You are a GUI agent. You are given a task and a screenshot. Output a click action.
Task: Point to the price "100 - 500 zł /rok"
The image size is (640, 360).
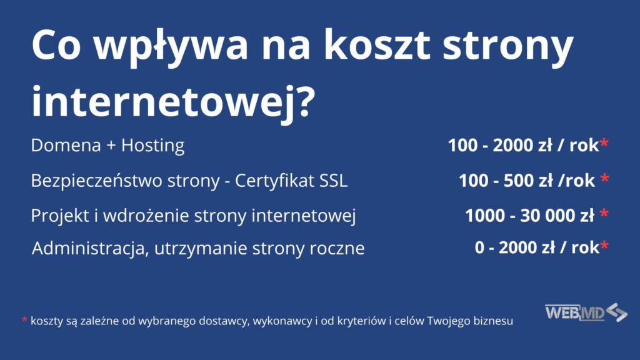(x=527, y=181)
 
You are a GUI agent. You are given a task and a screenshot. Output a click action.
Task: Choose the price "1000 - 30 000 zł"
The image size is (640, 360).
(x=529, y=216)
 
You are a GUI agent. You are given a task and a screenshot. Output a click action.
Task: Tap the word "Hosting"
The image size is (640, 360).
(x=153, y=146)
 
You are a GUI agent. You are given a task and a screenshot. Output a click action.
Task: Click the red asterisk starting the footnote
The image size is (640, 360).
(x=24, y=321)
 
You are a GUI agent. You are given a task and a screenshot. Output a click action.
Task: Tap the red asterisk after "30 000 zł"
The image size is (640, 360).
(x=604, y=214)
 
